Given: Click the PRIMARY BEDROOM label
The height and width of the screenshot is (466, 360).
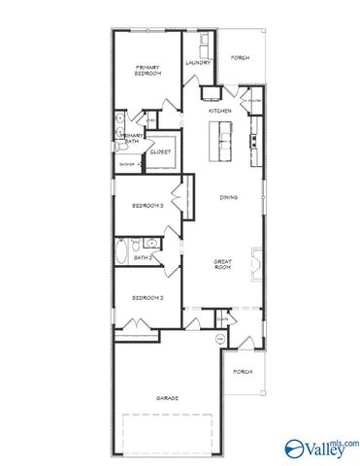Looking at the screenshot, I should pos(147,71).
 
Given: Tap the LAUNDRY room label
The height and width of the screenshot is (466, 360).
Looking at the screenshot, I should pos(199,63).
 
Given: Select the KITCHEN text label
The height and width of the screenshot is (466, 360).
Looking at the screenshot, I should pos(219,111).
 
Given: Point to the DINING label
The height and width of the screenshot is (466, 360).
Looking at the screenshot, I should pos(228,197).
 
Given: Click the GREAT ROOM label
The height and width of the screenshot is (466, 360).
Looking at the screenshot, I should pos(223,263).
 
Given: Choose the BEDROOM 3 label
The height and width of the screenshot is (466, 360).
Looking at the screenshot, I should pos(147,207).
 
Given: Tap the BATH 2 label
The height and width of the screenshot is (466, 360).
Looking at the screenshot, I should pos(143,257).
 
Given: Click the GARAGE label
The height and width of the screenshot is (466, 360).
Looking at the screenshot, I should pos(170,398).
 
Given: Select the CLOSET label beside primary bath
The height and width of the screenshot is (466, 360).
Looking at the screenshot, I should pos(160,151).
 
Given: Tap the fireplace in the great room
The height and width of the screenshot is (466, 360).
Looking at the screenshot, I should pos(255,263).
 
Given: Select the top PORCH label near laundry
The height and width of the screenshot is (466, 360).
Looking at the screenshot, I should pos(240,58).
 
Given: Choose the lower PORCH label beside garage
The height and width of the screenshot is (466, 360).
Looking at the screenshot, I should pos(243,372).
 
